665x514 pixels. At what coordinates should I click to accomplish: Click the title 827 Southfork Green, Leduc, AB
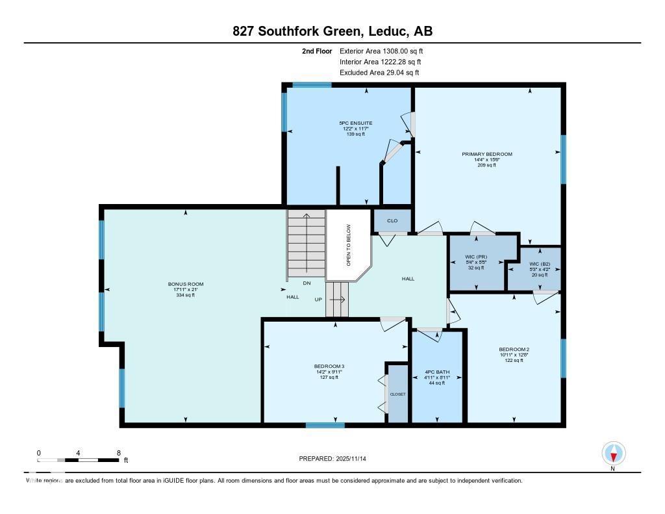332,31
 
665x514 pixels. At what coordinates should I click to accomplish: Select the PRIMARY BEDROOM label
487,154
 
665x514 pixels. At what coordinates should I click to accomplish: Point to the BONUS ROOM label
186,284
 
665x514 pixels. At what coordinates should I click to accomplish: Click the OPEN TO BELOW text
348,246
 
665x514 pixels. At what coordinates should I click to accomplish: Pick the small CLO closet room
392,221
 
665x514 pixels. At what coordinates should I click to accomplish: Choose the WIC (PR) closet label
477,257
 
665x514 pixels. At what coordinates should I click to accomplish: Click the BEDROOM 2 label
514,349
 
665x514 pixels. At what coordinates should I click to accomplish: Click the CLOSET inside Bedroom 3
397,394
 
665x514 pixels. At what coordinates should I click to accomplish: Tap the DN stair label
307,283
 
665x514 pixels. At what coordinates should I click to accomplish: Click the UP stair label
318,300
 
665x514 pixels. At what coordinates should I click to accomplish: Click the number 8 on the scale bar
118,452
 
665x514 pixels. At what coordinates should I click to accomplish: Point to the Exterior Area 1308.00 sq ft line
383,51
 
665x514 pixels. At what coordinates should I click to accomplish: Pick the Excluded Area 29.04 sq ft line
380,73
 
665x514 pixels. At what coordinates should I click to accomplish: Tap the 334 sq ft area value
186,295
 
